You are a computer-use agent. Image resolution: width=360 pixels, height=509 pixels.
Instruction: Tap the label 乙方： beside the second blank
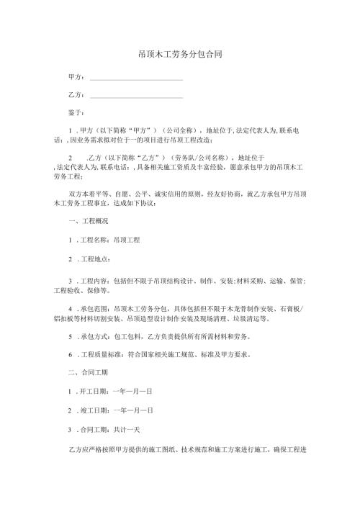pos(76,94)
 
